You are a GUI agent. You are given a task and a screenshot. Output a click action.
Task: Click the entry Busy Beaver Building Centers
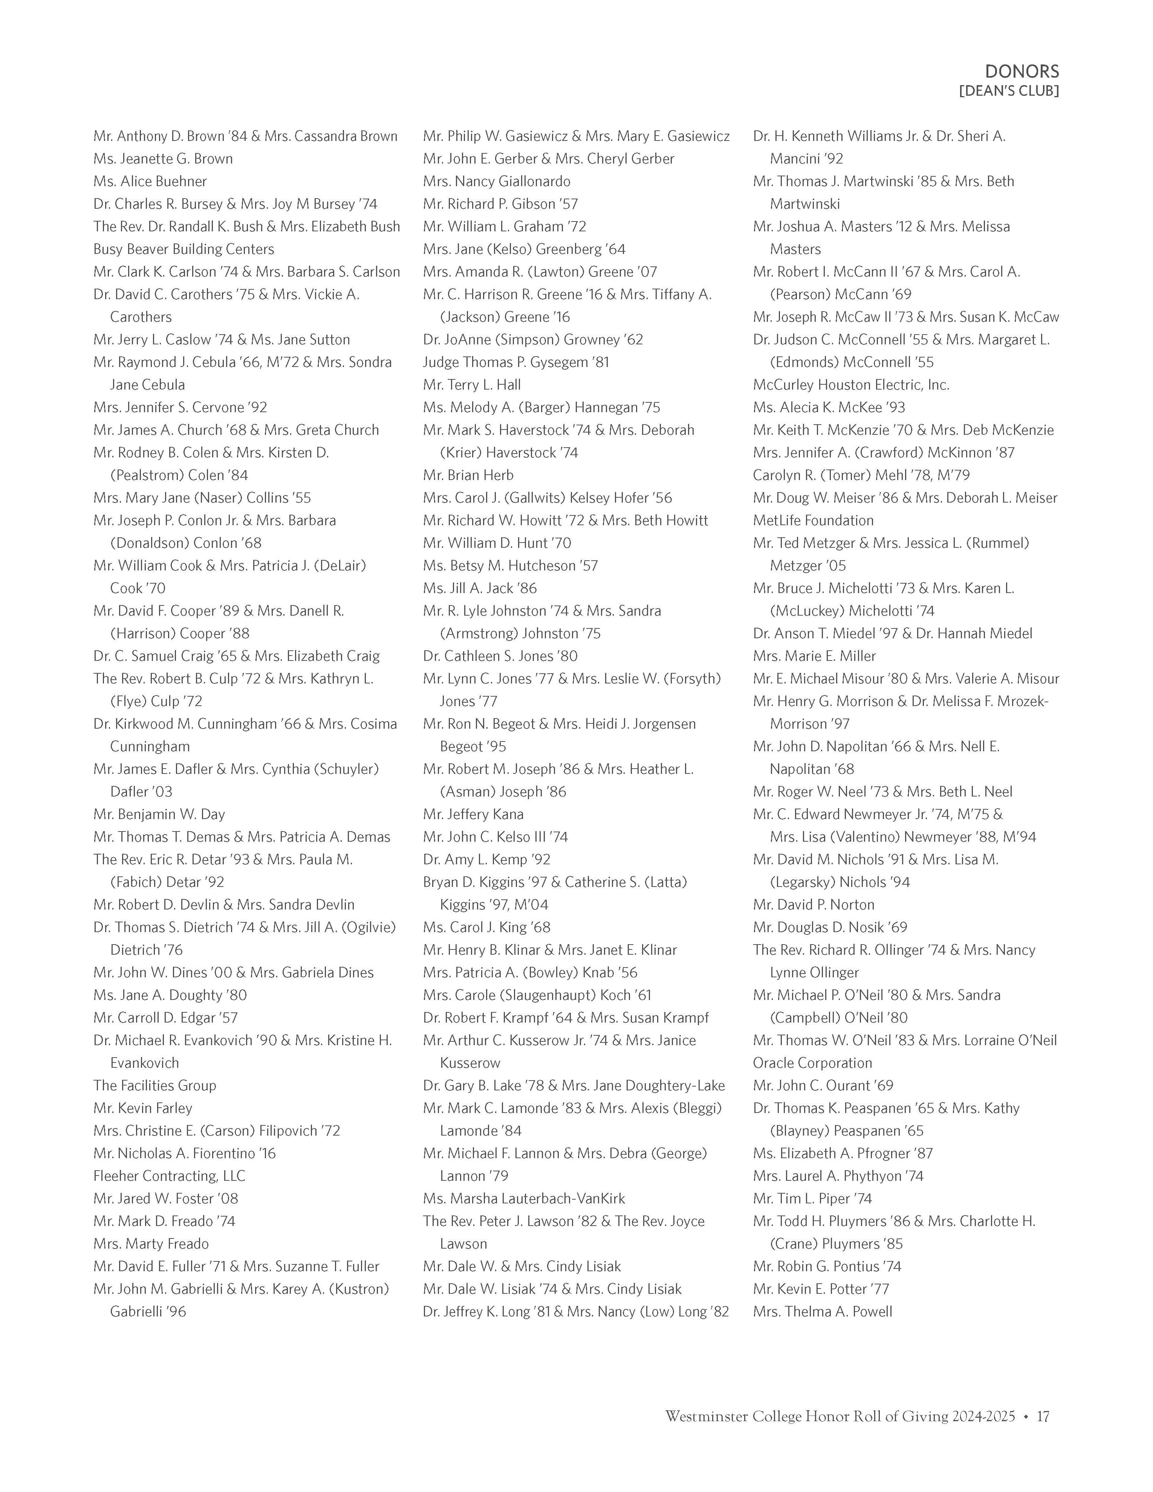[184, 249]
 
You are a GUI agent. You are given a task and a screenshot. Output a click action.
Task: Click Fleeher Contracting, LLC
[170, 1176]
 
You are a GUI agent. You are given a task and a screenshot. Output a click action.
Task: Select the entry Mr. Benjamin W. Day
[159, 814]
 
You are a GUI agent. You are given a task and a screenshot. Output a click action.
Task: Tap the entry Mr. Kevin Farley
[143, 1108]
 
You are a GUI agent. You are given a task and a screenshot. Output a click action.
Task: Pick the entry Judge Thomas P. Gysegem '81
[516, 362]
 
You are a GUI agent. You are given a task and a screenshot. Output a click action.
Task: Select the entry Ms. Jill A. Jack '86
[480, 588]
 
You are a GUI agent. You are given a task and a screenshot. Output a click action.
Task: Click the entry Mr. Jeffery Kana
[473, 814]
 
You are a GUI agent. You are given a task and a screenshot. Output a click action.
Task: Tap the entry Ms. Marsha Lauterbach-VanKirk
[524, 1198]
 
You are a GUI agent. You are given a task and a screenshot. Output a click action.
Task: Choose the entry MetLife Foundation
[813, 521]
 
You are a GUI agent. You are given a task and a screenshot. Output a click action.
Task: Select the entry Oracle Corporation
[812, 1063]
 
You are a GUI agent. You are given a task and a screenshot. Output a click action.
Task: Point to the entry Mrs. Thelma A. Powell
[823, 1312]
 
